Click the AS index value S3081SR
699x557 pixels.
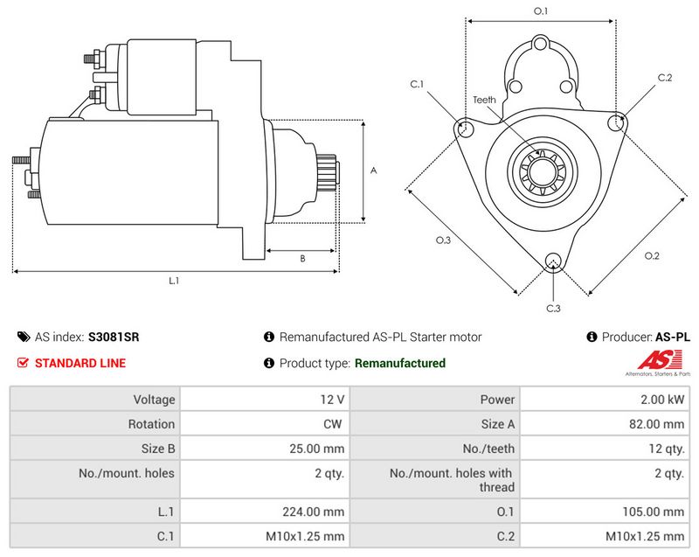(x=114, y=337)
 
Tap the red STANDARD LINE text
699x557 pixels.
(x=80, y=363)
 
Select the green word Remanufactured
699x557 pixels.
(x=400, y=363)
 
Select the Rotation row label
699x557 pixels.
(x=151, y=424)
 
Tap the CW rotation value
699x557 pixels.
(x=333, y=424)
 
